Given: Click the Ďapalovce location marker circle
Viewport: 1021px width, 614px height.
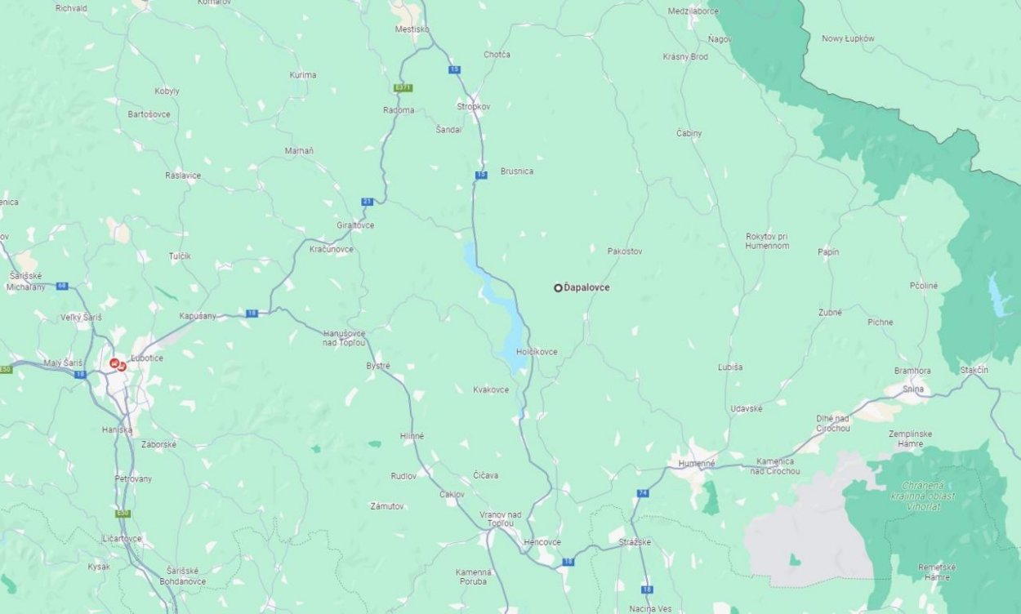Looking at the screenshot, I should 558,287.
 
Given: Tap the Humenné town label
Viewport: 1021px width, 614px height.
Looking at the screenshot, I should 696,463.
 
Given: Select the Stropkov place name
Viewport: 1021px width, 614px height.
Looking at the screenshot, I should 473,106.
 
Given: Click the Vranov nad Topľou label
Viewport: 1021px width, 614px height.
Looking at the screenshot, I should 500,518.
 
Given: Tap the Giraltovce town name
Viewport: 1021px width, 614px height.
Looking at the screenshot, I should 354,225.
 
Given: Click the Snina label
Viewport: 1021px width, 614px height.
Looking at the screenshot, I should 913,389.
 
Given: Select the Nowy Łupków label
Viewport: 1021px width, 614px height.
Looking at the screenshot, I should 848,38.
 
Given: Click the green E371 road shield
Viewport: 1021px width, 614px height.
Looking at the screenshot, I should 403,87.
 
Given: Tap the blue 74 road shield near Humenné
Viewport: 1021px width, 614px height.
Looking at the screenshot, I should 643,493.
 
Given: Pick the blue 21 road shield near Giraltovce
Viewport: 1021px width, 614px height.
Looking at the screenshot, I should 368,202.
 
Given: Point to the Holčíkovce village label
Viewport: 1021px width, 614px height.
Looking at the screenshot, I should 537,352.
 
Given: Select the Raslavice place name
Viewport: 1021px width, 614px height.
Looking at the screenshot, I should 182,176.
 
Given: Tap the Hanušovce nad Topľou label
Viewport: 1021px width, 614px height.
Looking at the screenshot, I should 344,337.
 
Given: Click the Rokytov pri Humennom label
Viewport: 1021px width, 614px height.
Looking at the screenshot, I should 767,241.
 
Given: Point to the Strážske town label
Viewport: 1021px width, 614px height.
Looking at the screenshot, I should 635,541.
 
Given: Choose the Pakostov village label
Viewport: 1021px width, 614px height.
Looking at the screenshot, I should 625,251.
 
